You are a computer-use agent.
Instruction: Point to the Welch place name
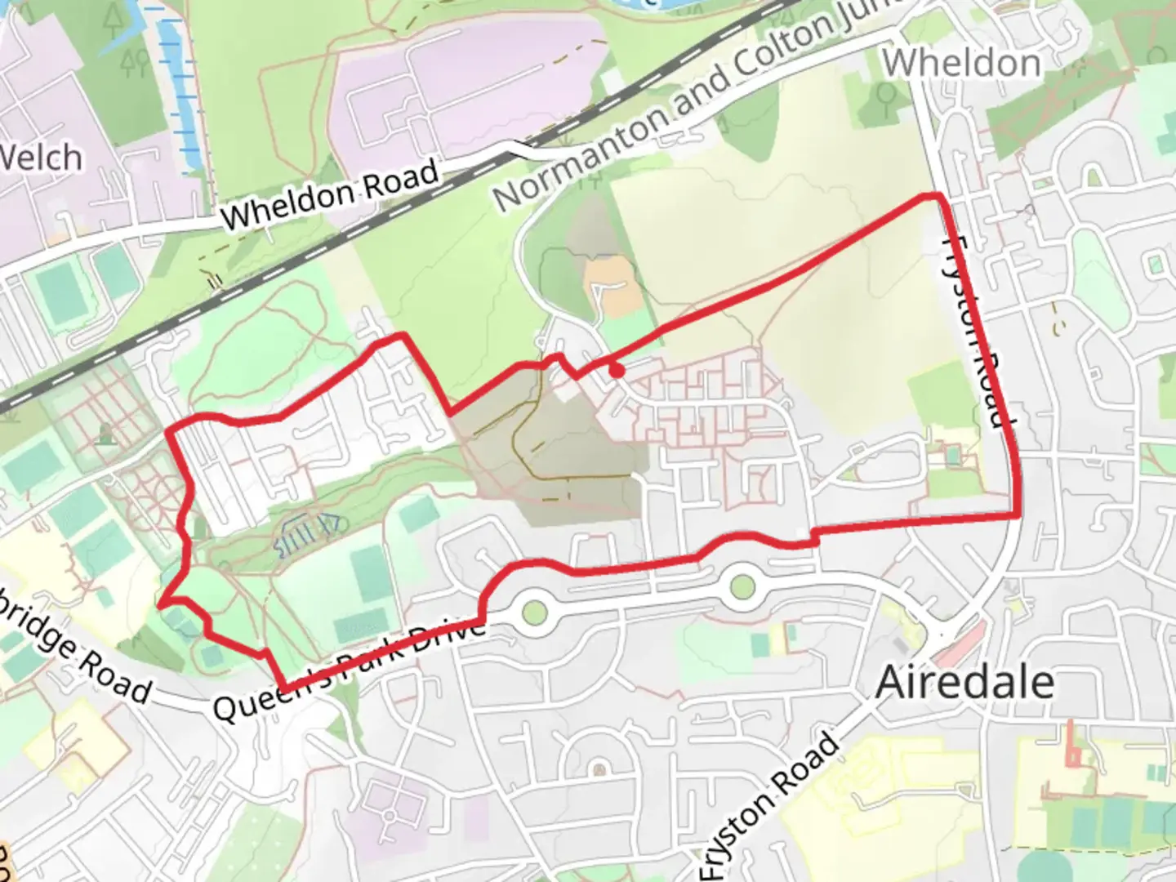41,158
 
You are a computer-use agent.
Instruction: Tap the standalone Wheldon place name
961,63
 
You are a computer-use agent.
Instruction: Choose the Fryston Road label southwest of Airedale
772,804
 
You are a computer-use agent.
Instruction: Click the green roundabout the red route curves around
533,610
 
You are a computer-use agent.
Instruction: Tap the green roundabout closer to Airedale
742,586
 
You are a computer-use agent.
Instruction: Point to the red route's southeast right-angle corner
1017,514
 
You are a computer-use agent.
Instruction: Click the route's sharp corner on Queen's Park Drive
283,687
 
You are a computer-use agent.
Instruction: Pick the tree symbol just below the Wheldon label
884,96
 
